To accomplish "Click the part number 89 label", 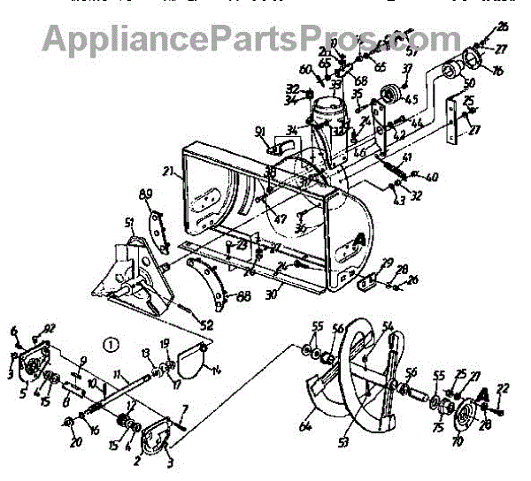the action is [x=148, y=195].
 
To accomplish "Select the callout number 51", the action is [x=129, y=222].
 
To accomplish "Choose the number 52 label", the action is [x=205, y=325].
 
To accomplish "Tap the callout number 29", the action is [x=386, y=263].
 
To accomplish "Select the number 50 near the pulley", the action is [x=469, y=82].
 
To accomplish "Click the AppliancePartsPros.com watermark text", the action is [x=247, y=39].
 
